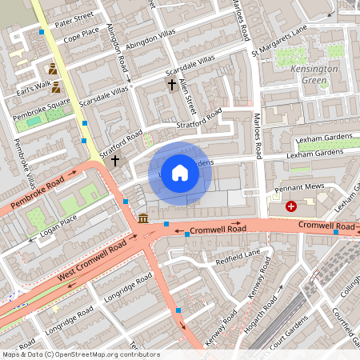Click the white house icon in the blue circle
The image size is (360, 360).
pos(180,173)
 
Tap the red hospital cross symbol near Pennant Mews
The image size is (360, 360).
pos(290,206)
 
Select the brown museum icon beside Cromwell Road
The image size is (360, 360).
pos(142,218)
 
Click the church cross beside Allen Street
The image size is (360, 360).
pos(170,83)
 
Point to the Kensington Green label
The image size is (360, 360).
pos(315,74)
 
